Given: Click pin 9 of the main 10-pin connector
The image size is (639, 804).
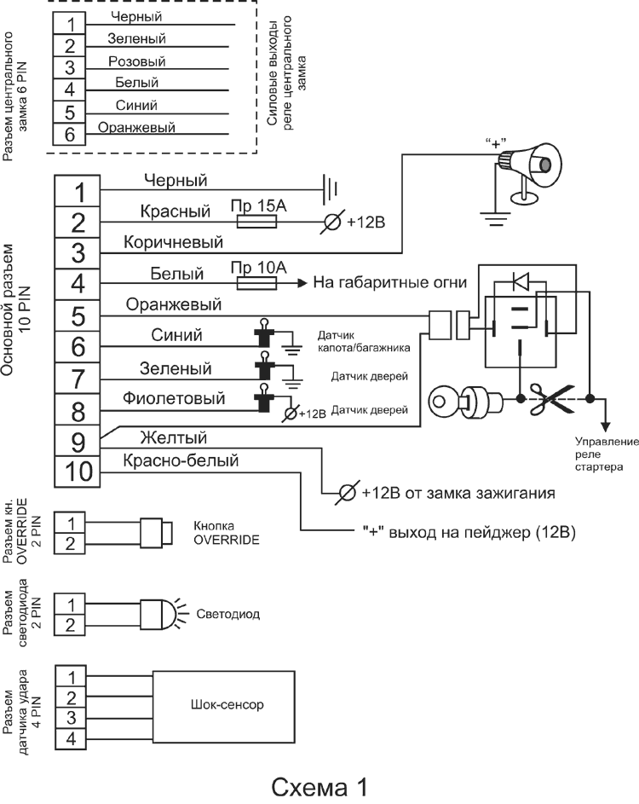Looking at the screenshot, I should [77, 442].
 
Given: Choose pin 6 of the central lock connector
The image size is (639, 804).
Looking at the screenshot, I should [70, 134].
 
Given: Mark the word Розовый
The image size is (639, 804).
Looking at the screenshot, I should [136, 61].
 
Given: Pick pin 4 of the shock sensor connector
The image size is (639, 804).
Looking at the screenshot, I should [72, 738].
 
